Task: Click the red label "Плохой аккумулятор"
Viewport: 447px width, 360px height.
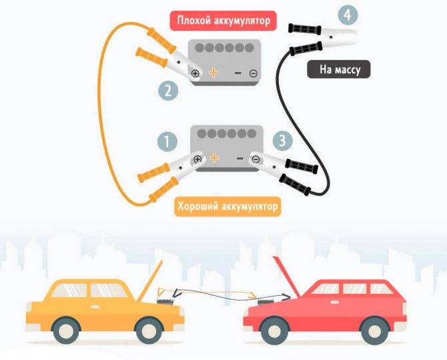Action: coord(223,21)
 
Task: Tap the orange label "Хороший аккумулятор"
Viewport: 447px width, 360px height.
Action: coord(228,206)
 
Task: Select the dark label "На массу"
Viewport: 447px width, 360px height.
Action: coord(339,69)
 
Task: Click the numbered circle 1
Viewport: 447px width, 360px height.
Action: coord(167,142)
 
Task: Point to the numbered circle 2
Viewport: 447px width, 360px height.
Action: coord(168,91)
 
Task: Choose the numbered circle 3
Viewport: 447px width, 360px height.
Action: coord(282,140)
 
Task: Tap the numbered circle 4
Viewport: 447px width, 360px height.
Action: coord(348,15)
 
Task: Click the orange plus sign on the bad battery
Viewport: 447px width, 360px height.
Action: coord(213,73)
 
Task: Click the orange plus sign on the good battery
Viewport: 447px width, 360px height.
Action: coord(214,158)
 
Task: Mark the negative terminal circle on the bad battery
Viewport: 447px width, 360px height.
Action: coord(253,73)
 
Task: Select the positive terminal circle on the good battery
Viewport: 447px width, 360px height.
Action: coord(197,160)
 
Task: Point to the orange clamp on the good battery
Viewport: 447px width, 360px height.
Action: coord(171,177)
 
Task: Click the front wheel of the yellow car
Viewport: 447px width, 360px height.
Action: coord(149,330)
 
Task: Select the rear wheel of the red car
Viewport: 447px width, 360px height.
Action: coord(374,331)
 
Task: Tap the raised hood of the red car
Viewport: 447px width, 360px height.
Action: coord(286,275)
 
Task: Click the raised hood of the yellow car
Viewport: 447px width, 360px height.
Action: coord(150,281)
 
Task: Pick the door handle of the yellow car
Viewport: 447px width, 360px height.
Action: coord(95,307)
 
